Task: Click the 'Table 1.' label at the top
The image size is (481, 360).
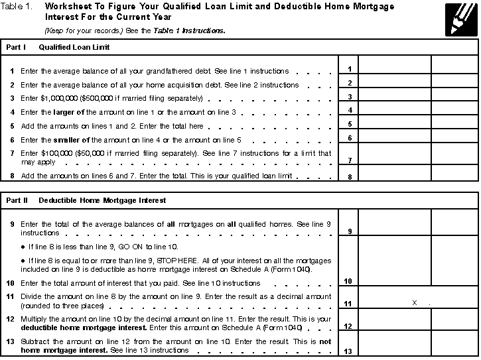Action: point(17,7)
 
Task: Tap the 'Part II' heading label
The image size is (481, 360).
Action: point(17,200)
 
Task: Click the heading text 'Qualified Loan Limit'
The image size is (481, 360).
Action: point(74,48)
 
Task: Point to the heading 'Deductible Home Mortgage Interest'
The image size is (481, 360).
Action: point(102,200)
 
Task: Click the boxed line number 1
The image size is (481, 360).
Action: point(349,69)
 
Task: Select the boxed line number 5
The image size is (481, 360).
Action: point(349,124)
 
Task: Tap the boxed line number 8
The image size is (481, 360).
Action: point(349,177)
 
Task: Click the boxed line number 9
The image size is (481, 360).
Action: point(349,231)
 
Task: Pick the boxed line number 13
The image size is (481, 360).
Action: point(349,351)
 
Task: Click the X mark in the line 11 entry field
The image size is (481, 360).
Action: point(414,302)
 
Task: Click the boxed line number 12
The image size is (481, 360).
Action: point(349,327)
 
